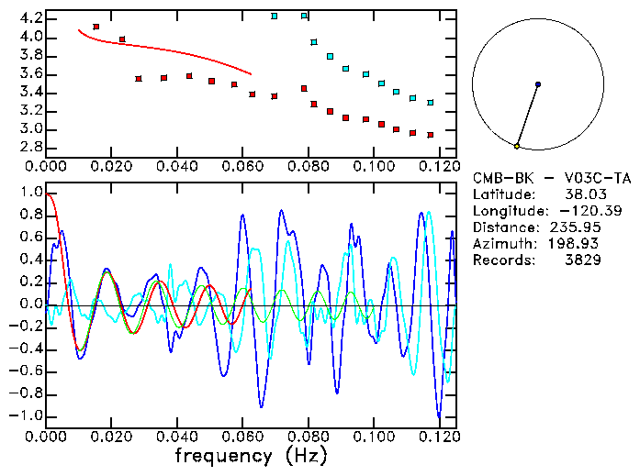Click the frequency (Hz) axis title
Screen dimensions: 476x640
pyautogui.click(x=250, y=455)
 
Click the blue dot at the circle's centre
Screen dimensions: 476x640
pyautogui.click(x=537, y=84)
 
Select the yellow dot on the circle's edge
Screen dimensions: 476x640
pyautogui.click(x=517, y=146)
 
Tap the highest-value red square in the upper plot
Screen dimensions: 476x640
pyautogui.click(x=96, y=27)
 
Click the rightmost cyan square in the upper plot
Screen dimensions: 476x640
pyautogui.click(x=430, y=102)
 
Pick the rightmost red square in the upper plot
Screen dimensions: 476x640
pyautogui.click(x=430, y=135)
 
